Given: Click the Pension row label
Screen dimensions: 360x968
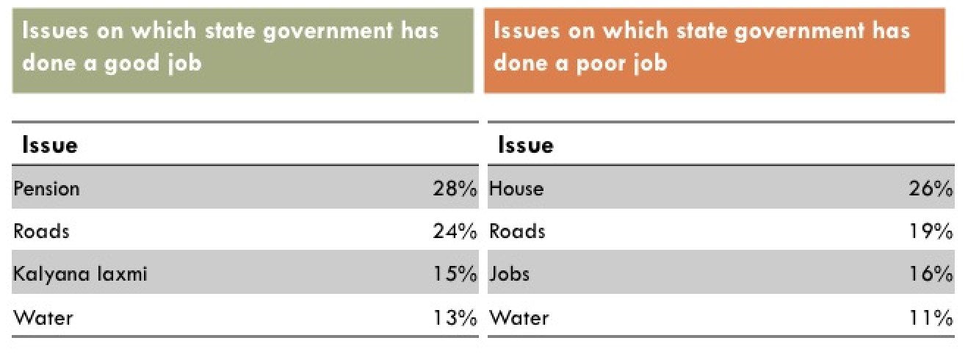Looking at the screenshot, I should click(46, 189).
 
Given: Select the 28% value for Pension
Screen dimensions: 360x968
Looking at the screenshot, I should click(455, 189).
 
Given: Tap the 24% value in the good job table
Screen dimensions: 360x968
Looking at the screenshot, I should click(455, 231).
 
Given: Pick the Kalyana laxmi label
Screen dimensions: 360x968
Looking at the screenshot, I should click(80, 274).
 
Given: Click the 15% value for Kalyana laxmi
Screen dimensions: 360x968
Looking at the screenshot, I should click(455, 274).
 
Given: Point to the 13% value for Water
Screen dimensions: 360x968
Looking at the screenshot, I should click(455, 318).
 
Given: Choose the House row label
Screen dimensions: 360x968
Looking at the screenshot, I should click(516, 189).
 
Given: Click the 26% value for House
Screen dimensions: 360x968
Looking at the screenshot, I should click(931, 189).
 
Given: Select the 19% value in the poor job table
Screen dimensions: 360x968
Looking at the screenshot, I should click(931, 231).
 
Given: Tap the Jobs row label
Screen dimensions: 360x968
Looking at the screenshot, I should click(509, 274).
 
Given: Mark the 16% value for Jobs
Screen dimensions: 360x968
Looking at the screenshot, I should click(931, 274).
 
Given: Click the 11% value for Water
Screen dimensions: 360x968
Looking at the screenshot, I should click(931, 318).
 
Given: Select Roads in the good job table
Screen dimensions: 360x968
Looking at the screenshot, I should click(41, 231).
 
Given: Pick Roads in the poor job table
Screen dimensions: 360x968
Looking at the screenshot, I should click(517, 231).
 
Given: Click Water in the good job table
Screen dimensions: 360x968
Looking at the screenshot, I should click(43, 318).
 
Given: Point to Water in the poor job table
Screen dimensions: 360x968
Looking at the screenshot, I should click(519, 318).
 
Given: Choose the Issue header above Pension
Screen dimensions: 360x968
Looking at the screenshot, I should click(50, 145).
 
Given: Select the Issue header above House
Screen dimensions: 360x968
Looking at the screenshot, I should click(525, 145).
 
